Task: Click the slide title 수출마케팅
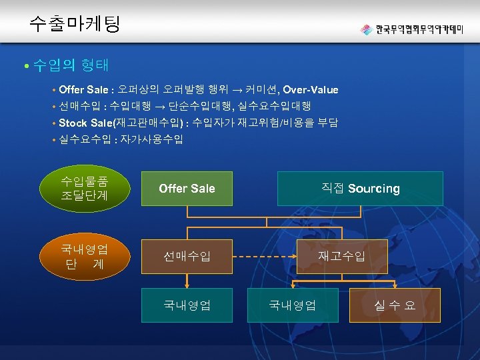(74, 25)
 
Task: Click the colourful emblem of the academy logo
(366, 29)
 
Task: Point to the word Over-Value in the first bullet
(311, 89)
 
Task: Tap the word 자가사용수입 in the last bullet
(151, 139)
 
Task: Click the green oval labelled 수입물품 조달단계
(84, 189)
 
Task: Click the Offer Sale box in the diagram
(187, 189)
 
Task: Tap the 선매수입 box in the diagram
(187, 256)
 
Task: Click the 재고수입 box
(341, 256)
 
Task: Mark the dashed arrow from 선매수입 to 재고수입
(264, 256)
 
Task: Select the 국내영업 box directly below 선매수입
(187, 305)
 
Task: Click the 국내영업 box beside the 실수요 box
(292, 305)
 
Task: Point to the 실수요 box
(395, 305)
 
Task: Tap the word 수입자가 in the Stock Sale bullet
(212, 123)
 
